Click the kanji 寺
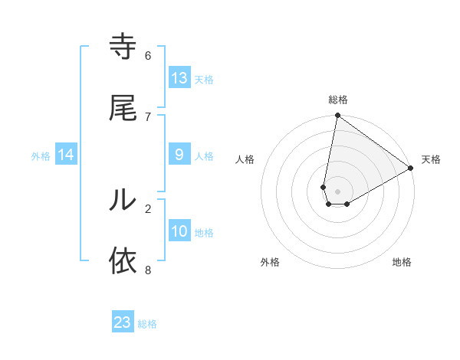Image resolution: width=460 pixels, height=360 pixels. pos(123,47)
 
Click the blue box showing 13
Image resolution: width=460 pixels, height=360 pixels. pos(179,77)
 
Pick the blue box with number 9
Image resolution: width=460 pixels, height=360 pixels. pos(179,155)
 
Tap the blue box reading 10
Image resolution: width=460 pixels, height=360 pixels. pos(179,231)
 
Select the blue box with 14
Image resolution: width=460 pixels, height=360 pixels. pos(66,155)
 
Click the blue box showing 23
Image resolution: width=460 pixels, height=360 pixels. pos(123,322)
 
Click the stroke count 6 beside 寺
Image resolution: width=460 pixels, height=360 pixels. pos(148,56)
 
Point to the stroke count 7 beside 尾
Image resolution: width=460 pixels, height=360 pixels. pos(148,116)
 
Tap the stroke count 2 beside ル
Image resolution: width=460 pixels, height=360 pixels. pos(148,208)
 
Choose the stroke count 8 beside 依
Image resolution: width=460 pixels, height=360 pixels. pos(148,270)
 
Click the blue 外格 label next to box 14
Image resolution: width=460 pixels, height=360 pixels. pos(41,155)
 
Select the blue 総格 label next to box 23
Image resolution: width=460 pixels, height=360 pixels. pos(147,324)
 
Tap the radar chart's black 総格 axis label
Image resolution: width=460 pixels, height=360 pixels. pos(337,100)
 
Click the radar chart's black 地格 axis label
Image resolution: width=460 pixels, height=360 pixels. pos(402,262)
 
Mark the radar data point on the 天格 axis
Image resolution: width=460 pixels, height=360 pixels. pos(411,169)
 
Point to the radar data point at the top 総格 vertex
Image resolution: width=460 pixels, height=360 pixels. pos(337,116)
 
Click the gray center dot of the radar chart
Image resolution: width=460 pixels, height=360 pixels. pos(337,191)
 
